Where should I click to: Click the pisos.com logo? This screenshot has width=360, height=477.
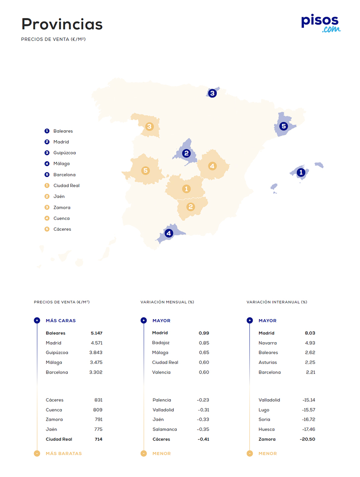click(x=321, y=23)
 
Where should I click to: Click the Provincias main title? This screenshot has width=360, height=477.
click(x=62, y=24)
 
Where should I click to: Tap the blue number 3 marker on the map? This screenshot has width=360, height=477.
click(x=212, y=93)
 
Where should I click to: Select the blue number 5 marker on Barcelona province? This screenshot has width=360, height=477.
click(x=283, y=126)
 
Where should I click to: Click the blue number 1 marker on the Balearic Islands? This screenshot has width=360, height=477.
click(x=301, y=172)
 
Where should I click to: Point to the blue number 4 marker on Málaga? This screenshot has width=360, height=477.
click(x=169, y=233)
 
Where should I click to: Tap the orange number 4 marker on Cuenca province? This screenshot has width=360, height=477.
click(x=212, y=166)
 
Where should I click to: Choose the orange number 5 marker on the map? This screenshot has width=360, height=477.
click(x=145, y=170)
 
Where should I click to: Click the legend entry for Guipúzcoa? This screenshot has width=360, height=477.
click(x=64, y=153)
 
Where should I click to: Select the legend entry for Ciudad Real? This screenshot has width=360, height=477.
click(x=66, y=186)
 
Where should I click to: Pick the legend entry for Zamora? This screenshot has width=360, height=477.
click(x=62, y=207)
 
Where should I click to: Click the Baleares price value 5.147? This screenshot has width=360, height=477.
click(x=96, y=333)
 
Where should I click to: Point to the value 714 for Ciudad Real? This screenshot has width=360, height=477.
click(x=98, y=439)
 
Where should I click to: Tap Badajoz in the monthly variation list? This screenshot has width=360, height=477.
click(x=161, y=343)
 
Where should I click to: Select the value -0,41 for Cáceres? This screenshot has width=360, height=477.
click(x=203, y=439)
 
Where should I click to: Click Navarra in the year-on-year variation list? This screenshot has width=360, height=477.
click(x=267, y=343)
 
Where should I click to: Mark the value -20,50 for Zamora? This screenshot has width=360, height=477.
click(x=307, y=439)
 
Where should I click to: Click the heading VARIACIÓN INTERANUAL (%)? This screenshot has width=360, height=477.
click(x=277, y=302)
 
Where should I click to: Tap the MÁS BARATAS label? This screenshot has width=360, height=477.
click(x=64, y=454)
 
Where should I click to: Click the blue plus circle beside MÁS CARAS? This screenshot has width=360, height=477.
click(x=37, y=320)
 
